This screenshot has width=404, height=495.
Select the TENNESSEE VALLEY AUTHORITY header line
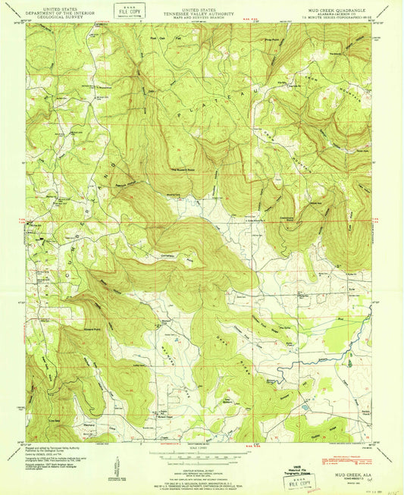click(x=201, y=11)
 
